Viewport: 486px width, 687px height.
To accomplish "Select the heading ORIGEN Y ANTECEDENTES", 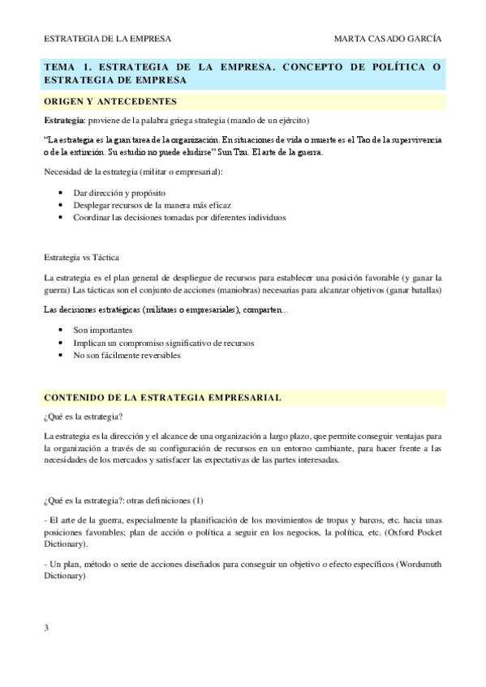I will coord(110,101).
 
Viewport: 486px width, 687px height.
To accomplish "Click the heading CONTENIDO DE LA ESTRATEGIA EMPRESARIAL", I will coord(162,398).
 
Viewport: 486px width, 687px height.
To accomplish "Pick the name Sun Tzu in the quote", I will coord(247,151).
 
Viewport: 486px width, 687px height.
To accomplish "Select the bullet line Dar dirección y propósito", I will coord(118,194).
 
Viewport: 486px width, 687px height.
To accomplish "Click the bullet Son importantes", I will coord(105,331).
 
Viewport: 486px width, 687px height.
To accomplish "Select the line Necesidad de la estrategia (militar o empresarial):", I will coord(134,172).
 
